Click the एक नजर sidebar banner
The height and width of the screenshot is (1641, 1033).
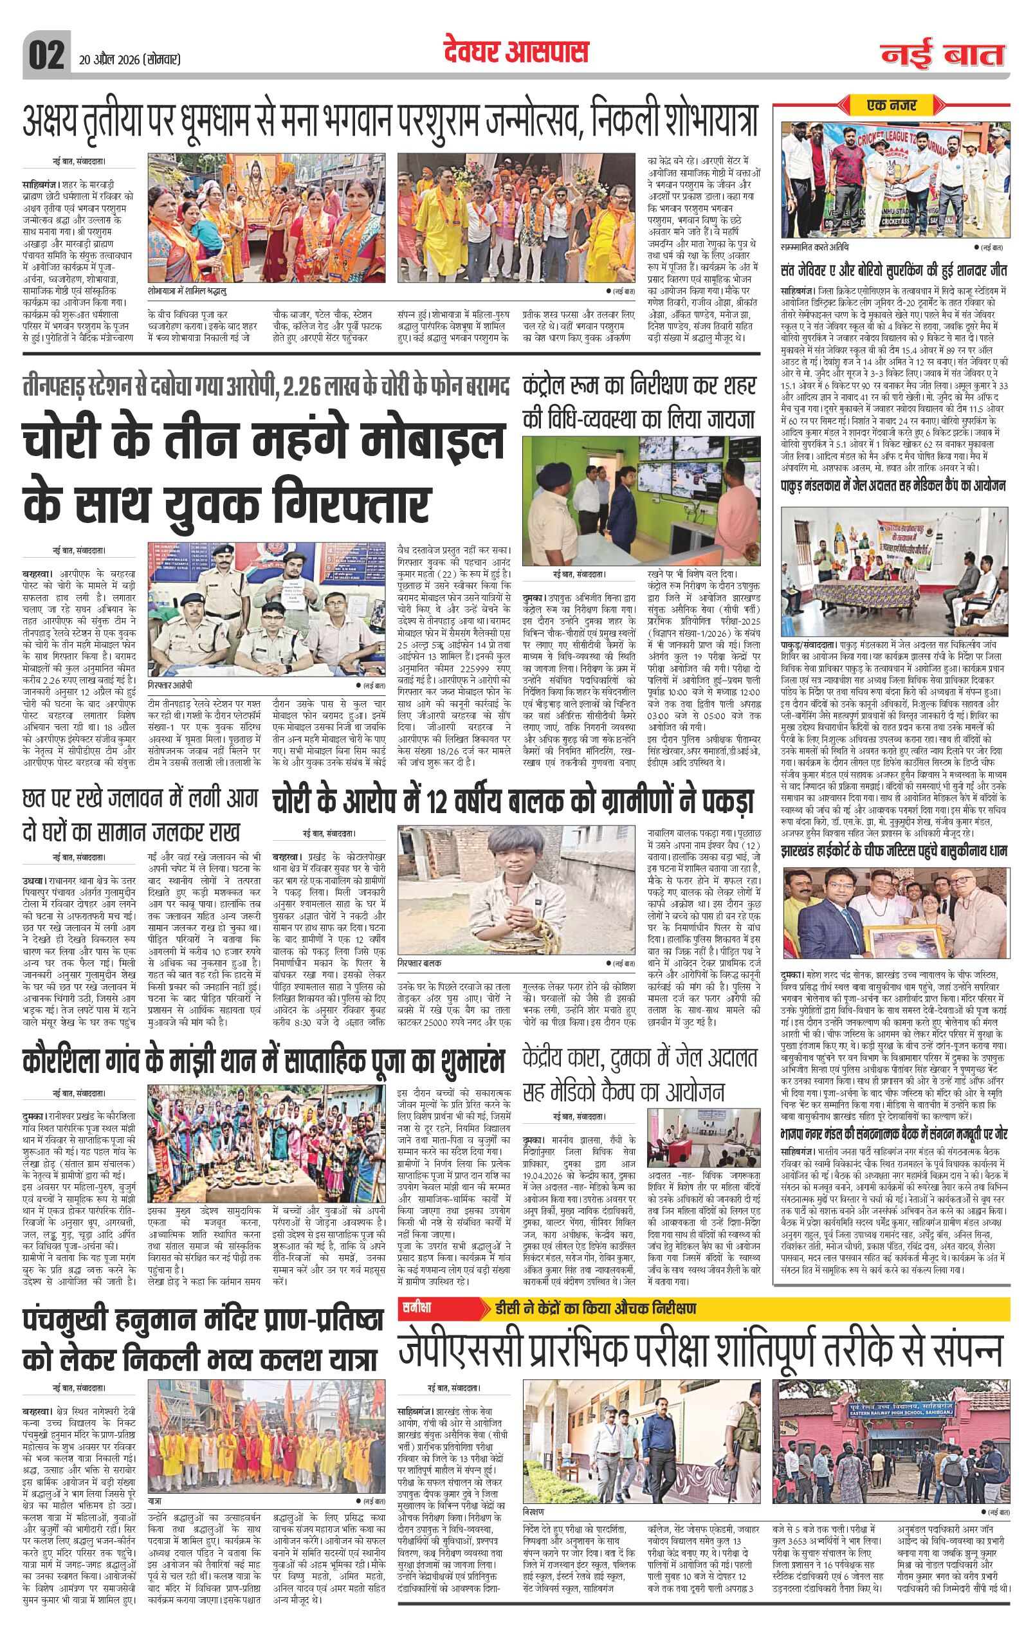coord(892,105)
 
